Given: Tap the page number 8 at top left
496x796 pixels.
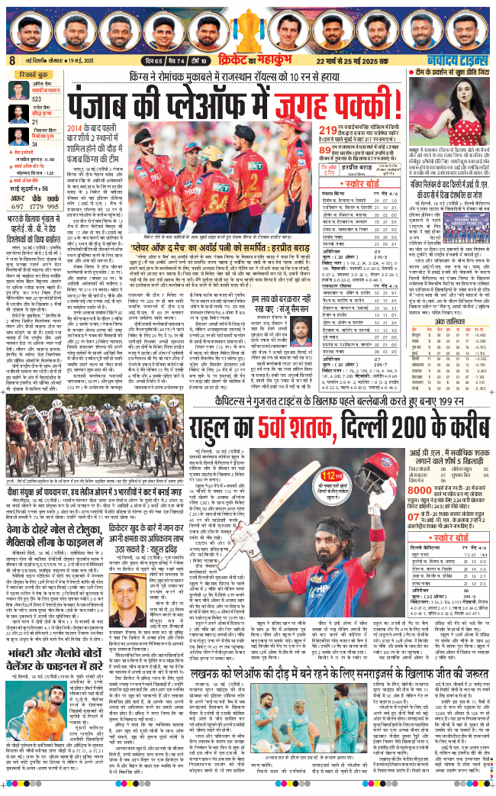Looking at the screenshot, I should [x=12, y=61].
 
